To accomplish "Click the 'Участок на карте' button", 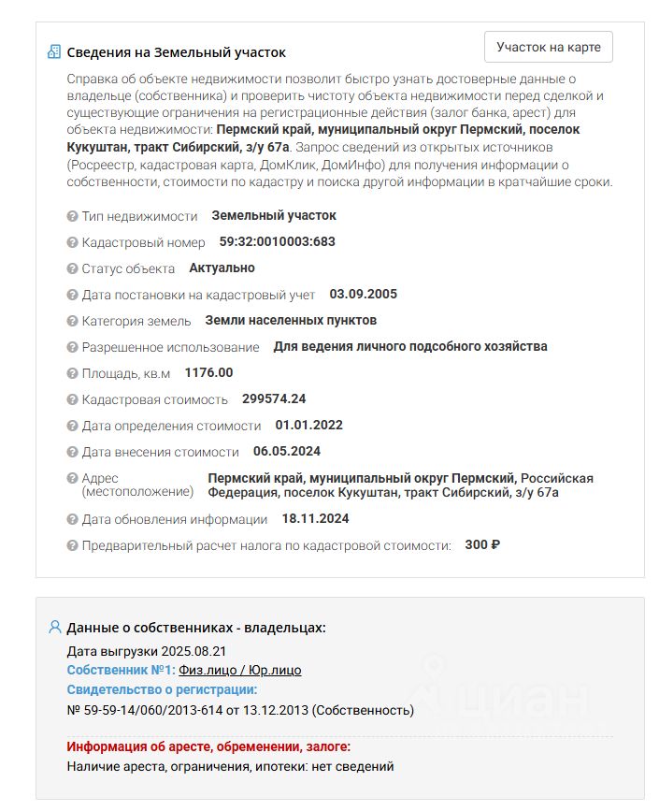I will (549, 47).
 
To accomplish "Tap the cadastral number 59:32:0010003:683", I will (277, 241).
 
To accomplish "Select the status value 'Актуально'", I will (222, 268).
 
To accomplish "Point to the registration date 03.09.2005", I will (363, 294).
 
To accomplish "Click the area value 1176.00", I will (208, 372).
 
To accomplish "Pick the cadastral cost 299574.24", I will (274, 398).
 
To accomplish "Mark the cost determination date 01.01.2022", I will (308, 425).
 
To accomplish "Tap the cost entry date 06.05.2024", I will (286, 451).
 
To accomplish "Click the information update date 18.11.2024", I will (315, 518).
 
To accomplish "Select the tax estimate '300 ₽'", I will (482, 544).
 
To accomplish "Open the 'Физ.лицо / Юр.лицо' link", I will (240, 670).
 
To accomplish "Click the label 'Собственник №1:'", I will (121, 670).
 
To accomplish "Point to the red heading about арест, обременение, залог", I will (208, 746).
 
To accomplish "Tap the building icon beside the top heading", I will (54, 51).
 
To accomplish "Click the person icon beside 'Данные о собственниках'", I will (54, 627).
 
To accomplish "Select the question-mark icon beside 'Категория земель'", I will (72, 321).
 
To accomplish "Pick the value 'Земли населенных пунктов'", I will (291, 320).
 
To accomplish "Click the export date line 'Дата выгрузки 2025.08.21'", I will (147, 650).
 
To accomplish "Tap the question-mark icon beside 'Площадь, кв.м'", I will (72, 373).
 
